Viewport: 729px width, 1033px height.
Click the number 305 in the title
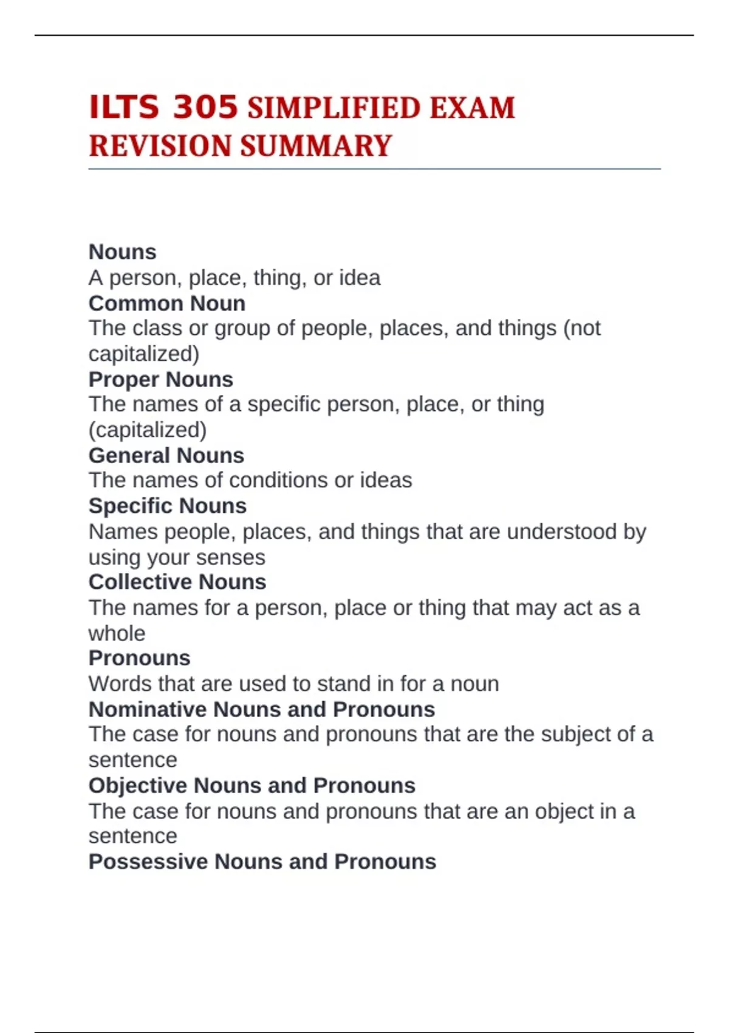[205, 108]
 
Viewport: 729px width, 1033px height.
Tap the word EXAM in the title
[472, 109]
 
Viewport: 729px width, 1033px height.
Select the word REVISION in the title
[160, 146]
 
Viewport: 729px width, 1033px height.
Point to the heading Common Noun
[167, 303]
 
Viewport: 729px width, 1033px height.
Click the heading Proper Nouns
[161, 379]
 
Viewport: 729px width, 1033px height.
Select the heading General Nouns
[166, 455]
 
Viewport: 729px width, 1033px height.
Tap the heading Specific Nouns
[168, 506]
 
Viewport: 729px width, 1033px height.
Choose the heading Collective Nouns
[177, 582]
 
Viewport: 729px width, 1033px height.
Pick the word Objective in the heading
[138, 785]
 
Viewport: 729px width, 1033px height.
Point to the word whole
[117, 633]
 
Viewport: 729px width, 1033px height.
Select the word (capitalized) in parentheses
[148, 430]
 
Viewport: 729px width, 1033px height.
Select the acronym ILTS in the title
[124, 108]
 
